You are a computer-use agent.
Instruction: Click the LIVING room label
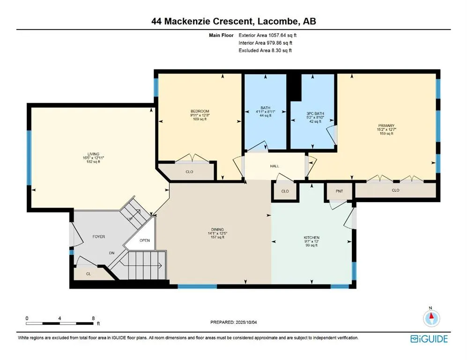(x=93, y=154)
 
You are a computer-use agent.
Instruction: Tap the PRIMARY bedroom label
(x=386, y=126)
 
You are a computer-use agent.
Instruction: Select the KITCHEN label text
(x=311, y=238)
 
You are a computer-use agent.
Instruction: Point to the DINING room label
(x=217, y=230)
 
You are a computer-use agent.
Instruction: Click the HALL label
(x=274, y=166)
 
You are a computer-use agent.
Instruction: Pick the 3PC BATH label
(x=315, y=113)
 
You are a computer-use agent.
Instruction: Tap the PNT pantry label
(x=339, y=191)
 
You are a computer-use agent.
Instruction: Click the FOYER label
(x=98, y=237)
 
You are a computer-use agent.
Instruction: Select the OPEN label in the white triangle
(x=145, y=240)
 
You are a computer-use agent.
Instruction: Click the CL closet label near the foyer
(x=89, y=274)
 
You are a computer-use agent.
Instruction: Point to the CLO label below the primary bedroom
(x=395, y=190)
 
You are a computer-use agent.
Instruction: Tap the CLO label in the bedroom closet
(x=189, y=172)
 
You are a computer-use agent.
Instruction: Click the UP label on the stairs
(x=130, y=219)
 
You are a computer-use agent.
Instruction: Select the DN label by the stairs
(x=111, y=253)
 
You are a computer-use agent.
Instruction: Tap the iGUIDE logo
(x=429, y=339)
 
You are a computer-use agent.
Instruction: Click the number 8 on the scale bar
(x=94, y=318)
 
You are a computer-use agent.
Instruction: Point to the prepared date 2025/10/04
(x=246, y=322)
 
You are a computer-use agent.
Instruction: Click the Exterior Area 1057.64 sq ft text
(x=267, y=35)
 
